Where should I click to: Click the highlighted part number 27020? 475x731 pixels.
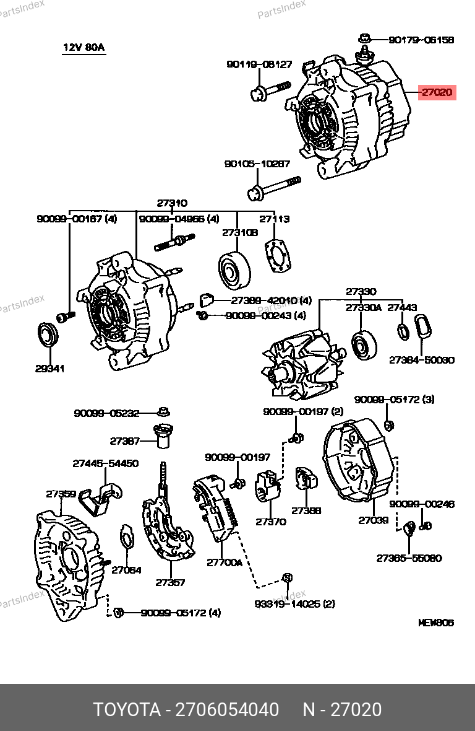tap(437, 93)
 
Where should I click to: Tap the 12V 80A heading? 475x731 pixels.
tap(83, 48)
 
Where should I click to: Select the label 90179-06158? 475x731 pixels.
tap(421, 40)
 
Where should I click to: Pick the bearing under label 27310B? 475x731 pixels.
tap(236, 271)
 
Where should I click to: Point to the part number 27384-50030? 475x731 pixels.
tap(421, 360)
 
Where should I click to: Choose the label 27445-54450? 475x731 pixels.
tap(105, 463)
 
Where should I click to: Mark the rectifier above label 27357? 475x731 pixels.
tap(166, 530)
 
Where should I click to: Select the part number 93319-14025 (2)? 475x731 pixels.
tap(294, 603)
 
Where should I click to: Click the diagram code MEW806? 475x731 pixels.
tap(436, 622)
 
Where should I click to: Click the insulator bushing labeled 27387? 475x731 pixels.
tap(163, 436)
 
